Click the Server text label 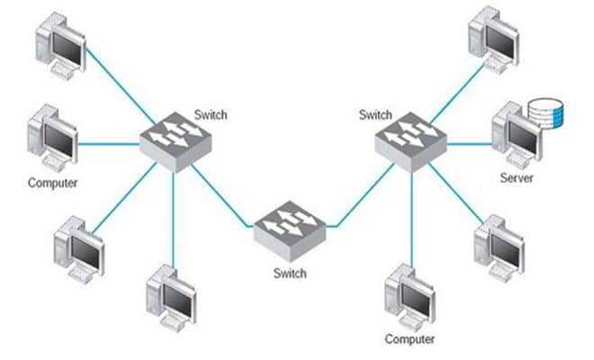tap(517, 178)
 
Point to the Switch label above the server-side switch tap(375, 115)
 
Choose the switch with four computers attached tap(175, 143)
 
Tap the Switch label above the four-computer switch tap(211, 115)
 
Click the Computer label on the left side tap(52, 183)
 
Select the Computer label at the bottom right tap(409, 339)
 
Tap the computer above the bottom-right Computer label tap(409, 295)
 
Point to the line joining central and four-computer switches tap(220, 193)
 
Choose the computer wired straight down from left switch tap(171, 294)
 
